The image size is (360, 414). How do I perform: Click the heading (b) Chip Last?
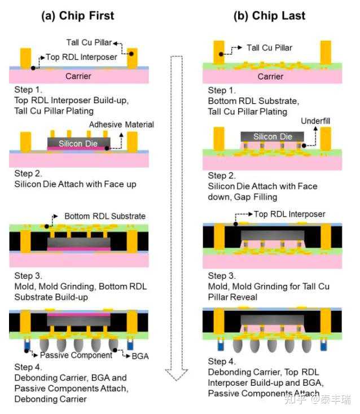coord(269,15)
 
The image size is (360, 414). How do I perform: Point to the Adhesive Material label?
coord(121,124)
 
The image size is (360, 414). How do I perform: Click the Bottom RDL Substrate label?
coord(105,216)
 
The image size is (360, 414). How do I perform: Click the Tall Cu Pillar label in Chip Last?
coord(269,48)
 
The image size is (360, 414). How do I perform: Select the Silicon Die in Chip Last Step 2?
coord(273,137)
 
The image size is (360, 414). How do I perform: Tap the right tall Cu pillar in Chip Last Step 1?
coord(326,51)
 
